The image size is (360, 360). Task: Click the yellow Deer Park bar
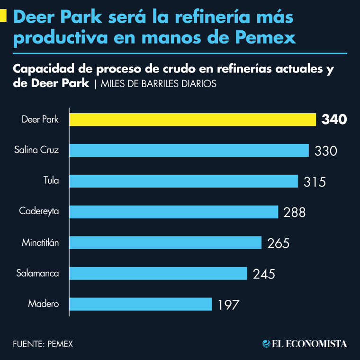[x=192, y=119]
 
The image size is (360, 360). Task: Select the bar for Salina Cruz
[x=189, y=150]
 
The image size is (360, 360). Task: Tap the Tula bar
[x=183, y=181]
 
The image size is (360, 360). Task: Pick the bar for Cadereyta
[x=173, y=212]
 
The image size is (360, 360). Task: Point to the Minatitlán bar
[x=165, y=243]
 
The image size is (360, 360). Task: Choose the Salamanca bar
[x=158, y=273]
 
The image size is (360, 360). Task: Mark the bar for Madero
[x=141, y=304]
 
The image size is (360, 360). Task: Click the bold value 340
[x=334, y=120]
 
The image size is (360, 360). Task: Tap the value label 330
[x=325, y=151]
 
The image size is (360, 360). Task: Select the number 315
[x=315, y=181]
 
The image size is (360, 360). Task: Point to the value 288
[x=295, y=212]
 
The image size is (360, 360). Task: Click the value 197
[x=229, y=305]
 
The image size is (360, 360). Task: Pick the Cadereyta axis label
[x=39, y=211]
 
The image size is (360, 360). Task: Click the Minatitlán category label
[x=40, y=243]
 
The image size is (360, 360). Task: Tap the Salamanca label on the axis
[x=37, y=273]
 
